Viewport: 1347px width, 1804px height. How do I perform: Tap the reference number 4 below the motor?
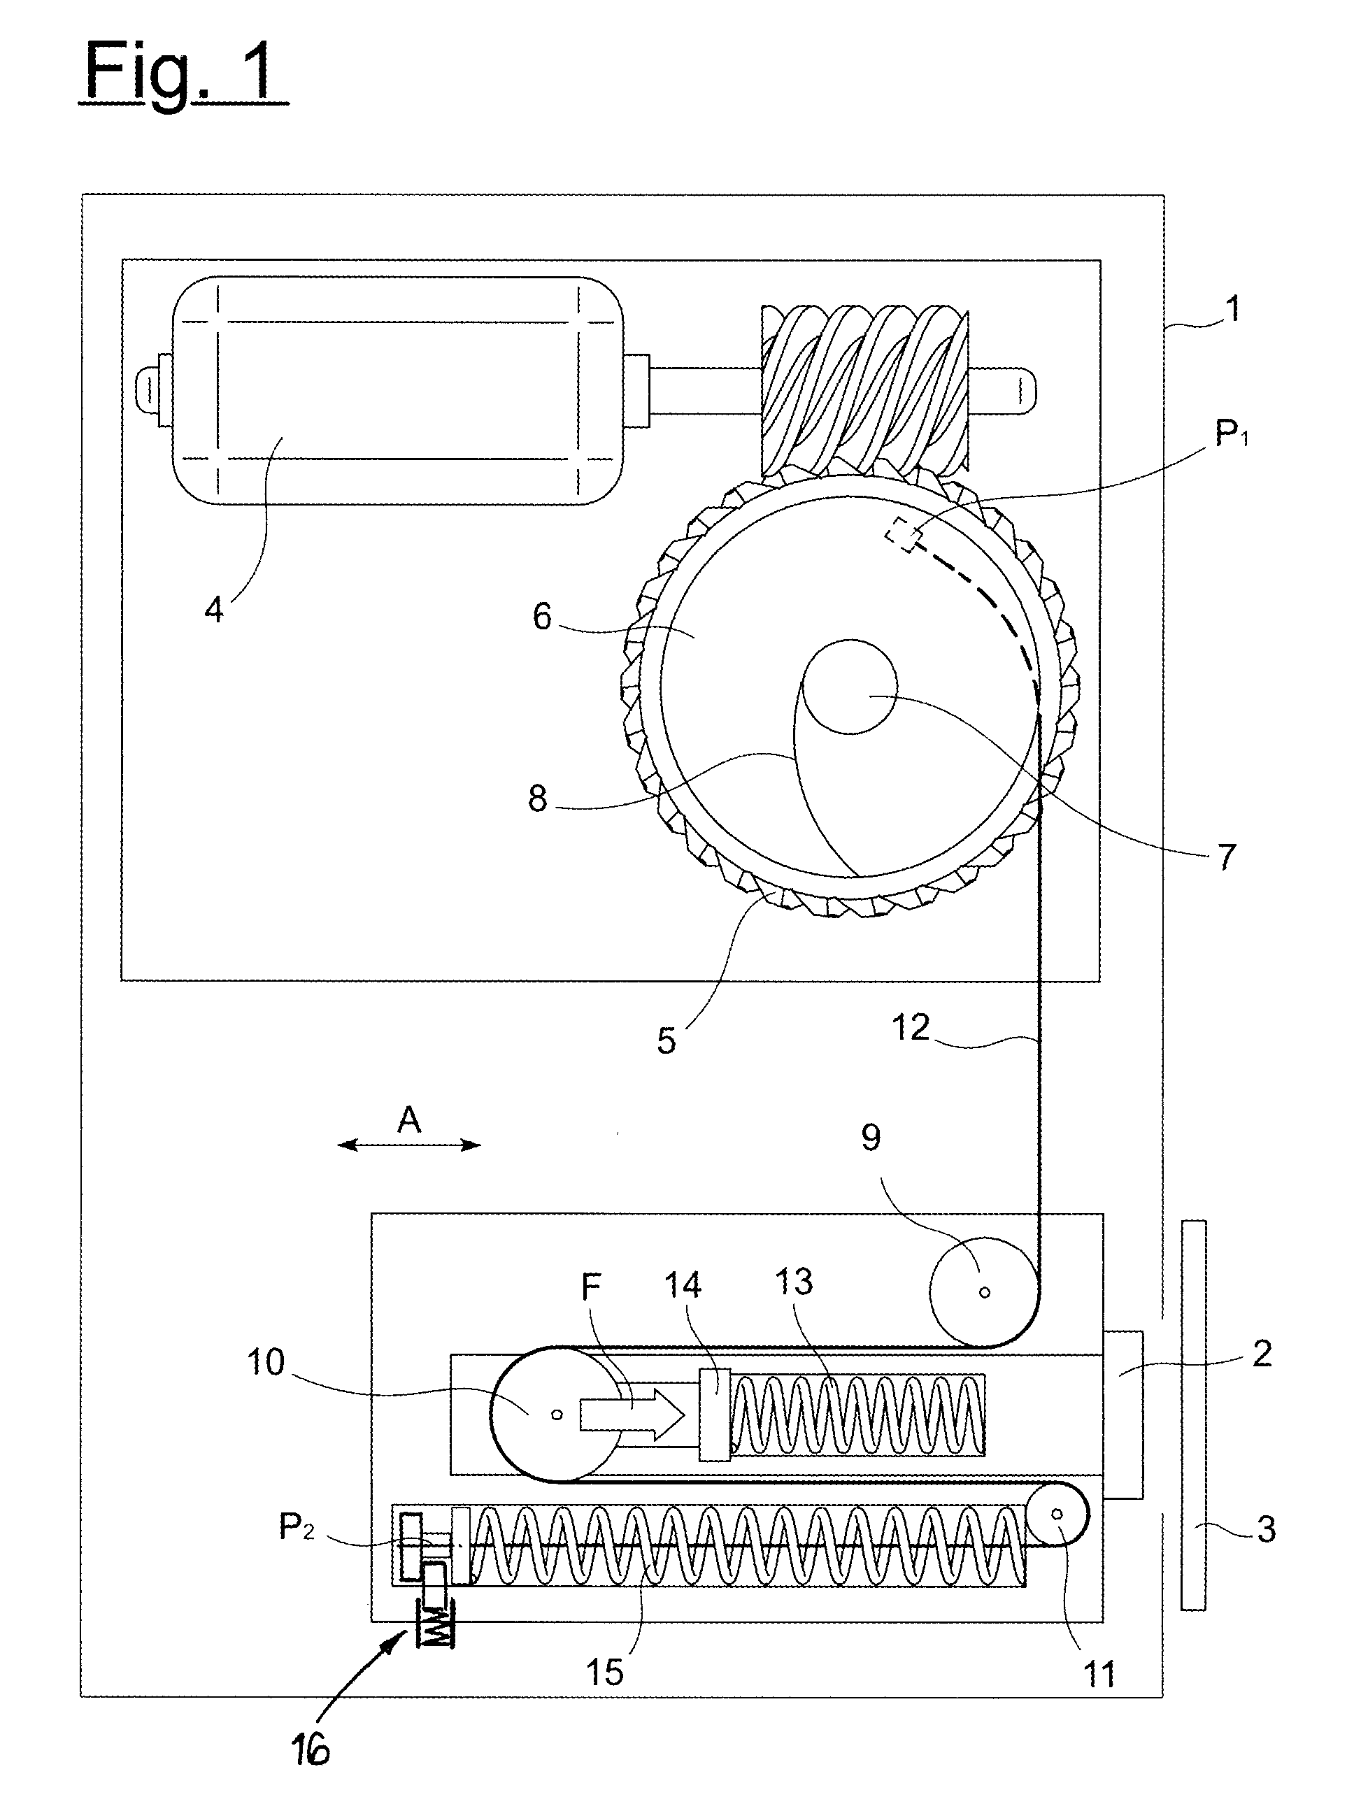[x=213, y=609]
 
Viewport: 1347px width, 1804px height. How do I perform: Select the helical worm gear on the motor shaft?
[x=865, y=392]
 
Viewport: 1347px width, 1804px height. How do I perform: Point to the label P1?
[x=1231, y=434]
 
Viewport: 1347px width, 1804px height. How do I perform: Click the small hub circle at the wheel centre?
[x=849, y=685]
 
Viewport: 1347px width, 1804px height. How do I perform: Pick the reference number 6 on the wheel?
[x=542, y=617]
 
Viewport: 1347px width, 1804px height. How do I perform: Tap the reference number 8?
[x=537, y=799]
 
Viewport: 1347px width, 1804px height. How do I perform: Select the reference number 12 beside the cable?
[x=911, y=1028]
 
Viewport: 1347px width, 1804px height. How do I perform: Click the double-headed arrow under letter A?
[x=409, y=1145]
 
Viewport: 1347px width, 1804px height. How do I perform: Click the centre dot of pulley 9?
[x=984, y=1292]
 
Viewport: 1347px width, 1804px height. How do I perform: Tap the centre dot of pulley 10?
[x=557, y=1415]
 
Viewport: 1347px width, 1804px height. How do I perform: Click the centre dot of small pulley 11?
[x=1057, y=1514]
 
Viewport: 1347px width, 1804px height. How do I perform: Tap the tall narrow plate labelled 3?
[x=1193, y=1415]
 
